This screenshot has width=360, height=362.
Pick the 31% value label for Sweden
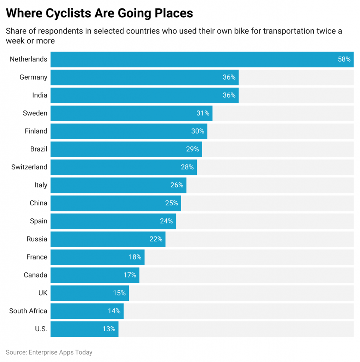tap(203, 113)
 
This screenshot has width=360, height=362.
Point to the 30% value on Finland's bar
tap(198, 131)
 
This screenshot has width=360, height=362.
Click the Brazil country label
tap(39, 149)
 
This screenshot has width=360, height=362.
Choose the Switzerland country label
tap(29, 167)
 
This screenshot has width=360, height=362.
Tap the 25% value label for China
tap(172, 203)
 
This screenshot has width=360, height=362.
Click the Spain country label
tap(39, 221)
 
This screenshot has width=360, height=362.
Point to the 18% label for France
tap(135, 257)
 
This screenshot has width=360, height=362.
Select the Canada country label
tap(35, 275)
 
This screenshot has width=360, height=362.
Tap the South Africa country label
tap(28, 311)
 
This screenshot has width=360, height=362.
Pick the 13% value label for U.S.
tap(109, 329)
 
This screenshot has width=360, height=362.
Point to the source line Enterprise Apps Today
tap(49, 352)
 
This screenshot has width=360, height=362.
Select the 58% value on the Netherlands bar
tap(344, 59)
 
